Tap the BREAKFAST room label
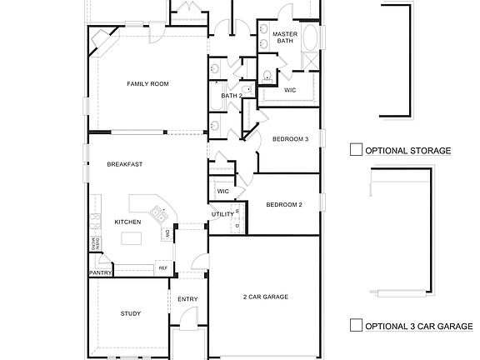tap(124, 164)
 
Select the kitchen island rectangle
tap(132, 239)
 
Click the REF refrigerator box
tap(162, 267)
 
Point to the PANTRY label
tap(100, 272)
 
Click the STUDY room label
tap(130, 313)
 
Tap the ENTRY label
tap(187, 299)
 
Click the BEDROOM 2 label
tap(283, 204)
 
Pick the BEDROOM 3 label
tap(291, 139)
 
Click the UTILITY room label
tap(222, 214)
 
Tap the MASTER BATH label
tap(286, 37)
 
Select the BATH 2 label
tap(231, 95)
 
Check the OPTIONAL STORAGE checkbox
tap(356, 150)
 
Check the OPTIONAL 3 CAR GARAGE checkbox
tap(356, 325)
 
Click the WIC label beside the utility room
tap(222, 191)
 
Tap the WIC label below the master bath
tap(290, 89)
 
